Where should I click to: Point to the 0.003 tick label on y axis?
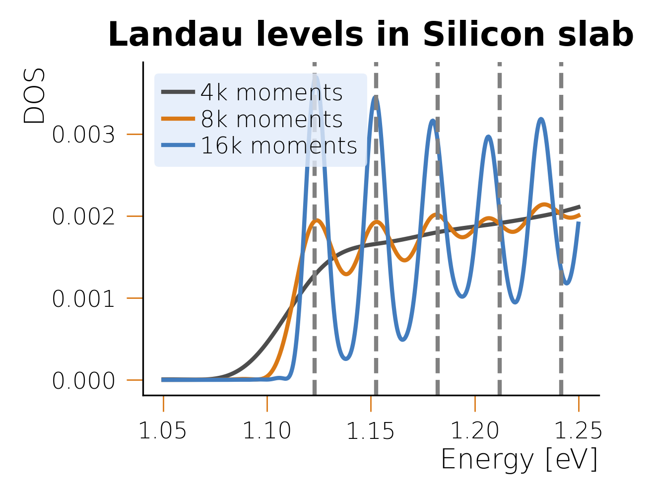pos(83,135)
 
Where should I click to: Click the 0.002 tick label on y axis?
pos(83,216)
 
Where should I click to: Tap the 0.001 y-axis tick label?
pos(83,299)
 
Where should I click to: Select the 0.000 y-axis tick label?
pos(83,381)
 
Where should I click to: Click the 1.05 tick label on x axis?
pos(163,431)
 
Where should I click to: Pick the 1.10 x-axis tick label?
pos(267,431)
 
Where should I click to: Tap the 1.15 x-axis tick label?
pos(370,431)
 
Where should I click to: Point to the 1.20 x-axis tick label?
pos(475,431)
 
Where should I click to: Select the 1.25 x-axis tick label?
pos(578,431)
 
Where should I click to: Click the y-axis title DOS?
pos(35,95)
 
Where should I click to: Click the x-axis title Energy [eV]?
pos(519,459)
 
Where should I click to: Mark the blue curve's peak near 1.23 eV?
pos(540,119)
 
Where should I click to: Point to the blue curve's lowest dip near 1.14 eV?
pos(346,358)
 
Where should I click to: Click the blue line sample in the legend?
pos(178,145)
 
